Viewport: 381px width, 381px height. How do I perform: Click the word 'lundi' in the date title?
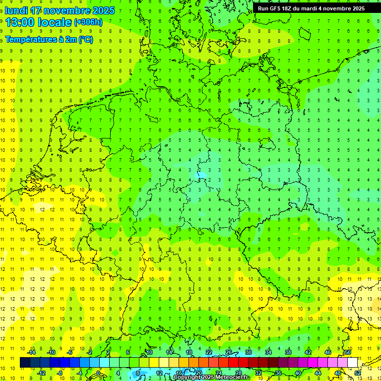[x=15, y=10]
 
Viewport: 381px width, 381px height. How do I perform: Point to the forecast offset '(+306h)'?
[x=88, y=22]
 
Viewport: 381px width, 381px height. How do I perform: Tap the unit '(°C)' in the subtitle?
[x=85, y=40]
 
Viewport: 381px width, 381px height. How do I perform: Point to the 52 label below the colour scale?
[x=358, y=373]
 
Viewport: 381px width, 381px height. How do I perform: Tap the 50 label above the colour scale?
[x=348, y=352]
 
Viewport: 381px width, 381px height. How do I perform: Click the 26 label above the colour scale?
[x=229, y=352]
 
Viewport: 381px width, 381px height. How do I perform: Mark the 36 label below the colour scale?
[x=278, y=373]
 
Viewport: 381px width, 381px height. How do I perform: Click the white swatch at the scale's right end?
[x=353, y=363]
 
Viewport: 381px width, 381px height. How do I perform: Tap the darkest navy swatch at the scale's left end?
[x=25, y=363]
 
